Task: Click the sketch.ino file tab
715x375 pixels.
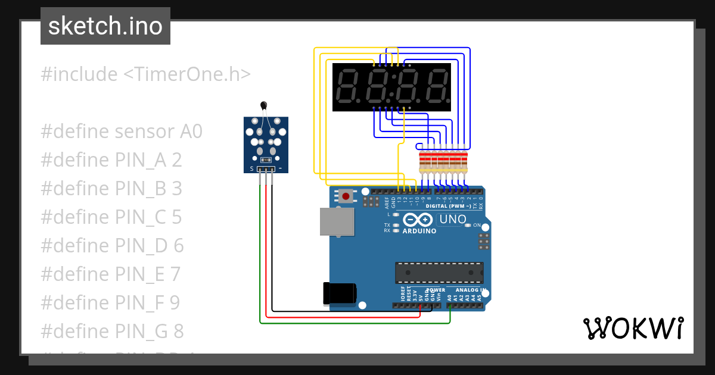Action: [x=105, y=26]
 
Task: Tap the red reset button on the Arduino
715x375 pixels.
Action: [x=346, y=195]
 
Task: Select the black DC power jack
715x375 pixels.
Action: [x=339, y=293]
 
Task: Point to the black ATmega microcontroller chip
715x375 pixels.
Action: [x=439, y=272]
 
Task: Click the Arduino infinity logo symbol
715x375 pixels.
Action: [x=416, y=220]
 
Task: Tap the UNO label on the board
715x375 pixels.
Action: [x=453, y=220]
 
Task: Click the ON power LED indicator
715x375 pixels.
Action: [x=468, y=226]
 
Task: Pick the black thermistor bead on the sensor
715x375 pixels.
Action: [x=263, y=105]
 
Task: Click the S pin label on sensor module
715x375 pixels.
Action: [x=251, y=169]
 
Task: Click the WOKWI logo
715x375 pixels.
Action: [x=633, y=328]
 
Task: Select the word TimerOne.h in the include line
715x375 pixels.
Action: [x=186, y=74]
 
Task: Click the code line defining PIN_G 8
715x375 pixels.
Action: [x=112, y=331]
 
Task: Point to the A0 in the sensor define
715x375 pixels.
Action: [x=191, y=132]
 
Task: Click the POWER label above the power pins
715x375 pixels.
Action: [x=436, y=290]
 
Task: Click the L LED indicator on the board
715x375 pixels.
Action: [x=396, y=214]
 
